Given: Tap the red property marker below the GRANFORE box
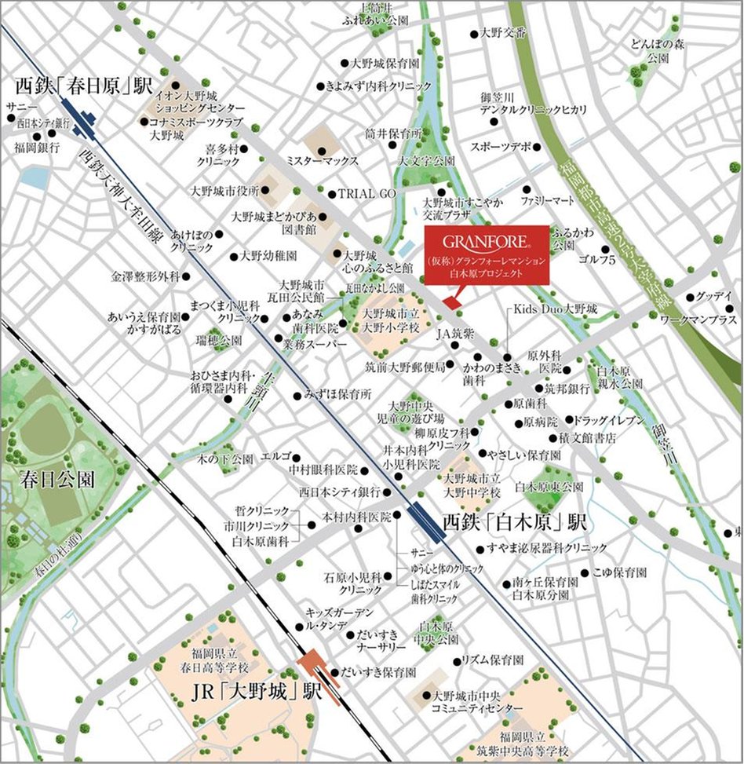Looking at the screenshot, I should [450, 302].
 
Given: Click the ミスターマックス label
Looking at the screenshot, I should [322, 161].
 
